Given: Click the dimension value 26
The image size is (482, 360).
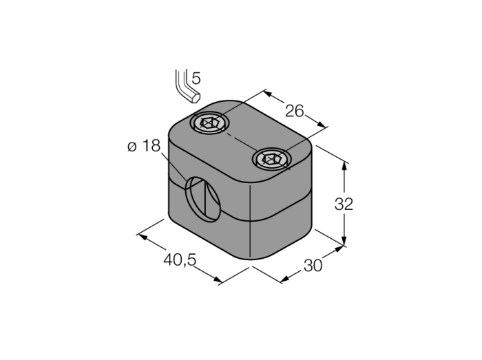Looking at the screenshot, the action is tap(294, 111).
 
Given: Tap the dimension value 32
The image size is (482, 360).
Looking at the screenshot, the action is tap(344, 204).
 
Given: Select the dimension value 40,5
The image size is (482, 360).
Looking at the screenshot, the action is tap(180, 260).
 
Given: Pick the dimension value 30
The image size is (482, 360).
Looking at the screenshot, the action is tap(313, 266).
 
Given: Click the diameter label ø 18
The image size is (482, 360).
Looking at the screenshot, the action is tap(144, 146).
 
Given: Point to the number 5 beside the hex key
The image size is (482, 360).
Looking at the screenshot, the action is tap(196, 78).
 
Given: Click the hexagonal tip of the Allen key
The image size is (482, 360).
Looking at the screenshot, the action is tap(195, 98).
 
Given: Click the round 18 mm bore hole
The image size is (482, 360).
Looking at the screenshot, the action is tap(202, 199).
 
